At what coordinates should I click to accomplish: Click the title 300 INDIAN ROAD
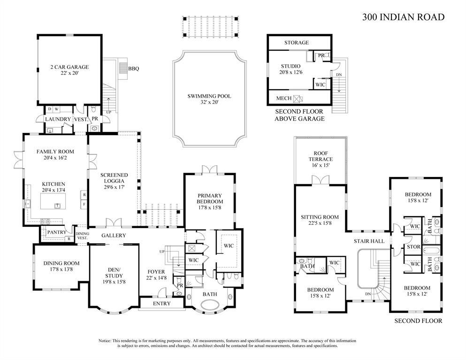pyautogui.click(x=403, y=17)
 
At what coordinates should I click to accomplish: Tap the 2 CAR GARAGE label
pyautogui.click(x=69, y=67)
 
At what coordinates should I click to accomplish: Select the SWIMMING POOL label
pyautogui.click(x=209, y=96)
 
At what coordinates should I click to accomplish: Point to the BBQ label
pyautogui.click(x=133, y=69)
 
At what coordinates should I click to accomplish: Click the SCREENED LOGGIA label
pyautogui.click(x=114, y=178)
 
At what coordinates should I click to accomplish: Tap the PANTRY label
pyautogui.click(x=56, y=232)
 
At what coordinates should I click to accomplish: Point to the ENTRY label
pyautogui.click(x=161, y=304)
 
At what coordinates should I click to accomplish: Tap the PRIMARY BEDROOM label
pyautogui.click(x=209, y=199)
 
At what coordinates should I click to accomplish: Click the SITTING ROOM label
pyautogui.click(x=319, y=217)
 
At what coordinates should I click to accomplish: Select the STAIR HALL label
pyautogui.click(x=369, y=241)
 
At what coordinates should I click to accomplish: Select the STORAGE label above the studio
pyautogui.click(x=296, y=43)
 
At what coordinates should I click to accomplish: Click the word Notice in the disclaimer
pyautogui.click(x=105, y=341)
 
